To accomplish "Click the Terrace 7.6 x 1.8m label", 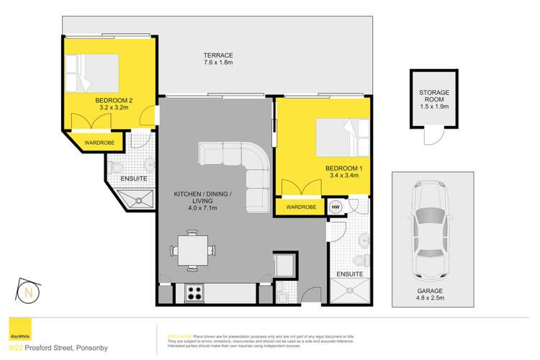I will click(x=217, y=60).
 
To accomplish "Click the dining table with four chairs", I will click(x=192, y=251).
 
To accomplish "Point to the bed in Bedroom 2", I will click(x=90, y=71).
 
